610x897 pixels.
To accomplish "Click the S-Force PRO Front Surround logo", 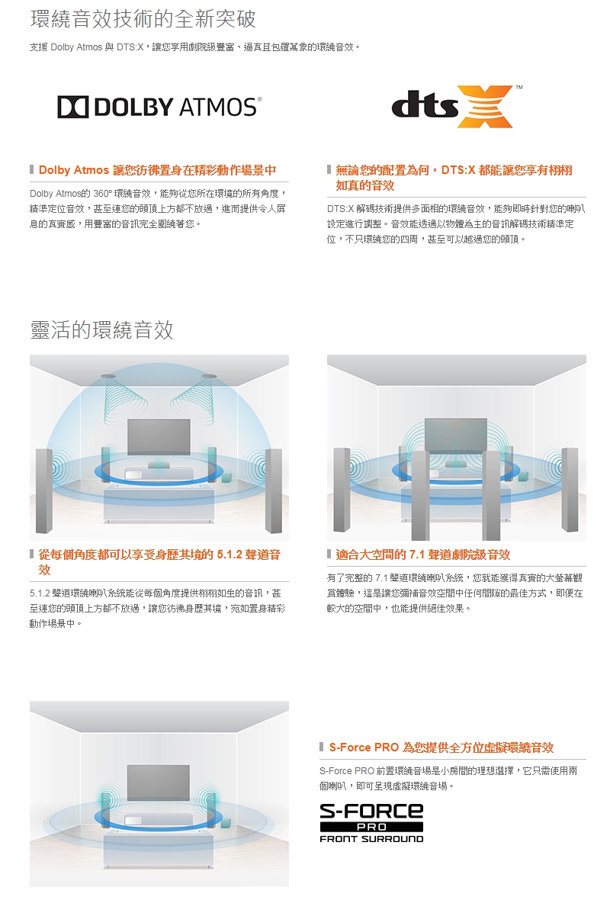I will [371, 822].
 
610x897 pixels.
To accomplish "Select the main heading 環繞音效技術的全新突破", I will [143, 18].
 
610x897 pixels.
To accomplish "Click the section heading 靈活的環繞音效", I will [101, 330].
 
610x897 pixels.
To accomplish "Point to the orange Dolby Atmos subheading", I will [157, 169].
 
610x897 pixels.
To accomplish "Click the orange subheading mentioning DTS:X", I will [454, 177].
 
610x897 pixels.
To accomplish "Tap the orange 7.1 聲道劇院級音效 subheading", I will [423, 555].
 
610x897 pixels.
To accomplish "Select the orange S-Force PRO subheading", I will [441, 747].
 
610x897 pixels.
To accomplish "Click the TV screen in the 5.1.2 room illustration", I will [159, 437].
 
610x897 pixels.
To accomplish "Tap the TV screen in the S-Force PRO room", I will [159, 782].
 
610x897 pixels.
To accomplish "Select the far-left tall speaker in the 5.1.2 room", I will [44, 490].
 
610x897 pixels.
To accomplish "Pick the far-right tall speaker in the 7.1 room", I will [568, 490].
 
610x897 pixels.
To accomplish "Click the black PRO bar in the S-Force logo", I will [371, 827].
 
